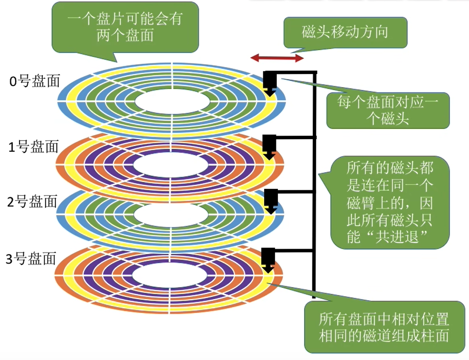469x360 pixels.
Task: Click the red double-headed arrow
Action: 277,58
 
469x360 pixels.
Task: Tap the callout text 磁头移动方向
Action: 345,32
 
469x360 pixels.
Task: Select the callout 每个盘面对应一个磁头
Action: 387,110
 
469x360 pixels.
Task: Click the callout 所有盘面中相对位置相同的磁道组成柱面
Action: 384,327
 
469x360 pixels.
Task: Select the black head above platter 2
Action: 270,199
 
